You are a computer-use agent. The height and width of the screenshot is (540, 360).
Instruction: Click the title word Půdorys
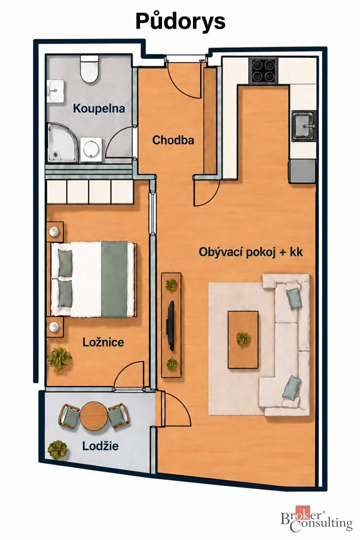180,22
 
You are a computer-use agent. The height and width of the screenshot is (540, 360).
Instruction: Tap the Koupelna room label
99,109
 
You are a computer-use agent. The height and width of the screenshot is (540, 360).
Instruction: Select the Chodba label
173,140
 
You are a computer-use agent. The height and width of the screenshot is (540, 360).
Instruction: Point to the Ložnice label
103,342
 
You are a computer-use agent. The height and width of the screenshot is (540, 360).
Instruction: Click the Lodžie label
100,446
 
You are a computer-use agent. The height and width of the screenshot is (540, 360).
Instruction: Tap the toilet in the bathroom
90,69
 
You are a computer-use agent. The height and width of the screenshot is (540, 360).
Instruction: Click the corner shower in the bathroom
63,142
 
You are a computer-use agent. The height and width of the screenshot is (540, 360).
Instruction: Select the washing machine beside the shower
91,149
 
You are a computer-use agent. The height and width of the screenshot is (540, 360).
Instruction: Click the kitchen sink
304,126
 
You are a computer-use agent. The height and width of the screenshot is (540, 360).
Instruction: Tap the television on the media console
171,325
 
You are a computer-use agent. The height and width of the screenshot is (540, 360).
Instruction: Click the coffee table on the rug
243,340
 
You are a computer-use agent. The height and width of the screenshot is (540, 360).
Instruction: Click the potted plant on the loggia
58,450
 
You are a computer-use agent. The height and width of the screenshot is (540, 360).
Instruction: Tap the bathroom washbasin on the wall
56,91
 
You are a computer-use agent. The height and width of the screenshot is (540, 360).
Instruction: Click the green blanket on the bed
114,279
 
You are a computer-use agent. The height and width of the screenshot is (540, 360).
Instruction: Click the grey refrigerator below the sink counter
302,171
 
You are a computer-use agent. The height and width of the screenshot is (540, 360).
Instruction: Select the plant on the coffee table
243,338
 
